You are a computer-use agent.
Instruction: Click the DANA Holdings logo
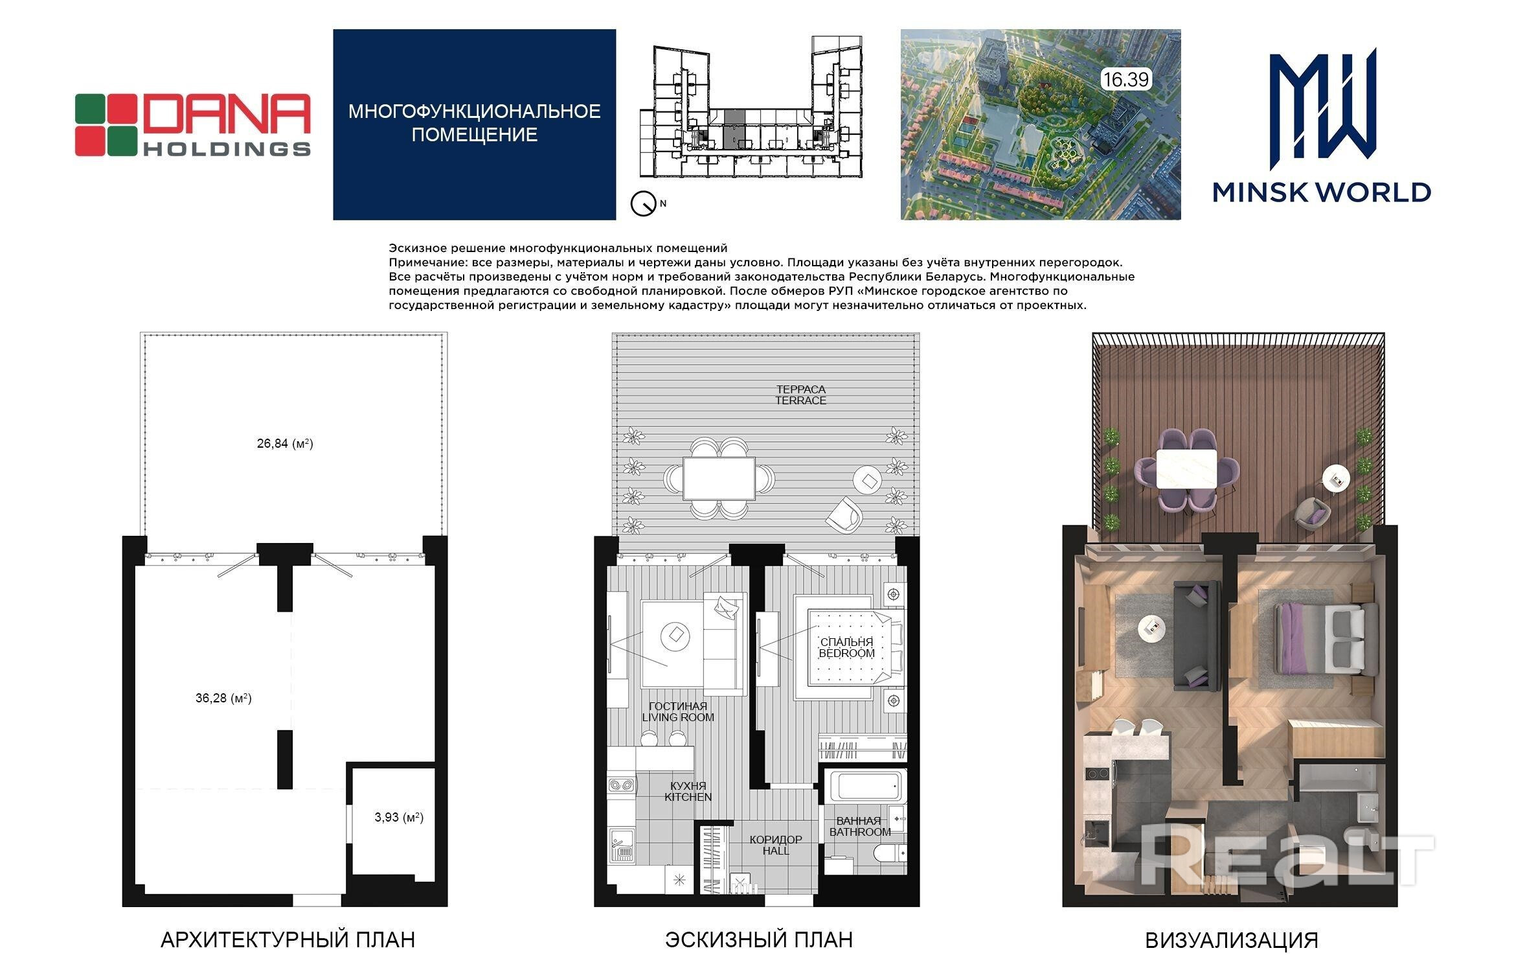(x=193, y=125)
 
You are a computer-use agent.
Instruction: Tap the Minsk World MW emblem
(x=1321, y=104)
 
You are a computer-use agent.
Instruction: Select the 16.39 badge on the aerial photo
(x=1126, y=80)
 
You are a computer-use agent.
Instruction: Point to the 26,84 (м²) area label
(x=285, y=444)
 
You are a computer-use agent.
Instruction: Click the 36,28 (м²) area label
(x=223, y=698)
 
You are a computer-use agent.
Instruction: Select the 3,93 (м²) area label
(x=399, y=817)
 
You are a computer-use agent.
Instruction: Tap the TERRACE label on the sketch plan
(x=801, y=400)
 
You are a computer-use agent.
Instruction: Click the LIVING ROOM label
(x=678, y=717)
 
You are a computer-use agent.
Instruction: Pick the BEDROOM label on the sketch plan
(x=846, y=653)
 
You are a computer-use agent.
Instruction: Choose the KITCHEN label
(x=688, y=797)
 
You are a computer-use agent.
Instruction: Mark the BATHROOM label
(x=860, y=832)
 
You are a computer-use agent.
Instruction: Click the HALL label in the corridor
(x=776, y=851)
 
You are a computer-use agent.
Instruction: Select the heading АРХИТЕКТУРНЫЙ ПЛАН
(x=288, y=939)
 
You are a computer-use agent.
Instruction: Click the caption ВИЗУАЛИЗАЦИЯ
(x=1232, y=940)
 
